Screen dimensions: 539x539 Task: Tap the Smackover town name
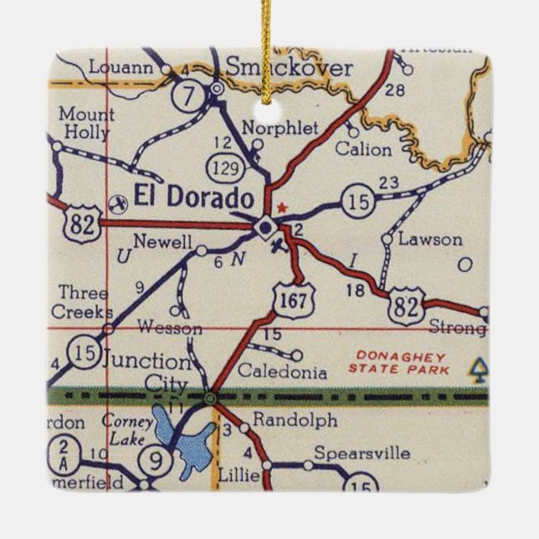[290, 68]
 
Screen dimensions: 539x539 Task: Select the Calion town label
[362, 150]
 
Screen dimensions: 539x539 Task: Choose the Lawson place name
[430, 239]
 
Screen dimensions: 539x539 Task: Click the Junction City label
[146, 373]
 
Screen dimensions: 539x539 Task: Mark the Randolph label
[283, 419]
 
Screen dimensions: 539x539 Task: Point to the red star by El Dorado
[282, 207]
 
